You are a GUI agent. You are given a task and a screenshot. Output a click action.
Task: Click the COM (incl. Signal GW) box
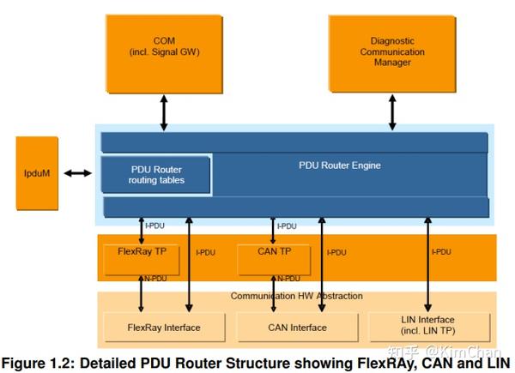coord(164,54)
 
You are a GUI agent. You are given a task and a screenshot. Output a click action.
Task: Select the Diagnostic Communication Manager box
coord(392,54)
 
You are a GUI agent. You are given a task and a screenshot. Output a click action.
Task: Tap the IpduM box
coord(37,173)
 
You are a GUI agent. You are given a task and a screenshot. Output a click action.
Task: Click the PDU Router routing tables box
coord(155,175)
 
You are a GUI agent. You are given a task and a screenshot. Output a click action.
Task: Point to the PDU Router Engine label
coord(340,165)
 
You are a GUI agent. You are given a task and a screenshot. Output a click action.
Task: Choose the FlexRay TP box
coord(142,260)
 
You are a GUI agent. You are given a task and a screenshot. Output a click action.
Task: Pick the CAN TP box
coord(274,260)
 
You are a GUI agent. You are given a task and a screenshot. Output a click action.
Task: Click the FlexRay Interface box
coord(164,328)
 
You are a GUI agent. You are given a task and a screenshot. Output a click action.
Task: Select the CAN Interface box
coord(297,328)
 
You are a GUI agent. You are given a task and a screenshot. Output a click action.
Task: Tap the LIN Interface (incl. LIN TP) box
coord(430,328)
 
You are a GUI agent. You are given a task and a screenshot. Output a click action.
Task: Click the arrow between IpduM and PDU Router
coord(77,173)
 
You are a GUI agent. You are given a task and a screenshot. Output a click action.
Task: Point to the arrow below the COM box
coord(164,112)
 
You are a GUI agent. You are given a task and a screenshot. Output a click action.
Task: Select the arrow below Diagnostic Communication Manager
coord(392,111)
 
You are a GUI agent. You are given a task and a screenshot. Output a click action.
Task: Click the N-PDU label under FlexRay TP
coord(155,279)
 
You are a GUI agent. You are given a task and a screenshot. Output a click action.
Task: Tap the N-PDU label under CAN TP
coord(288,279)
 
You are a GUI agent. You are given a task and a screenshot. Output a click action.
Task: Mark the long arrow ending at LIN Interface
coord(427,264)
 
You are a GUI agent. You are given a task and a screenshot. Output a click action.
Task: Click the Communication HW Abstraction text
coord(297,296)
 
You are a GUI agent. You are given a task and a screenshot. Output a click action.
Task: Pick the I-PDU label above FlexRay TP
coord(154,226)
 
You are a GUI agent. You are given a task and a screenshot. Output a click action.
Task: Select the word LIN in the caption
coord(499,363)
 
